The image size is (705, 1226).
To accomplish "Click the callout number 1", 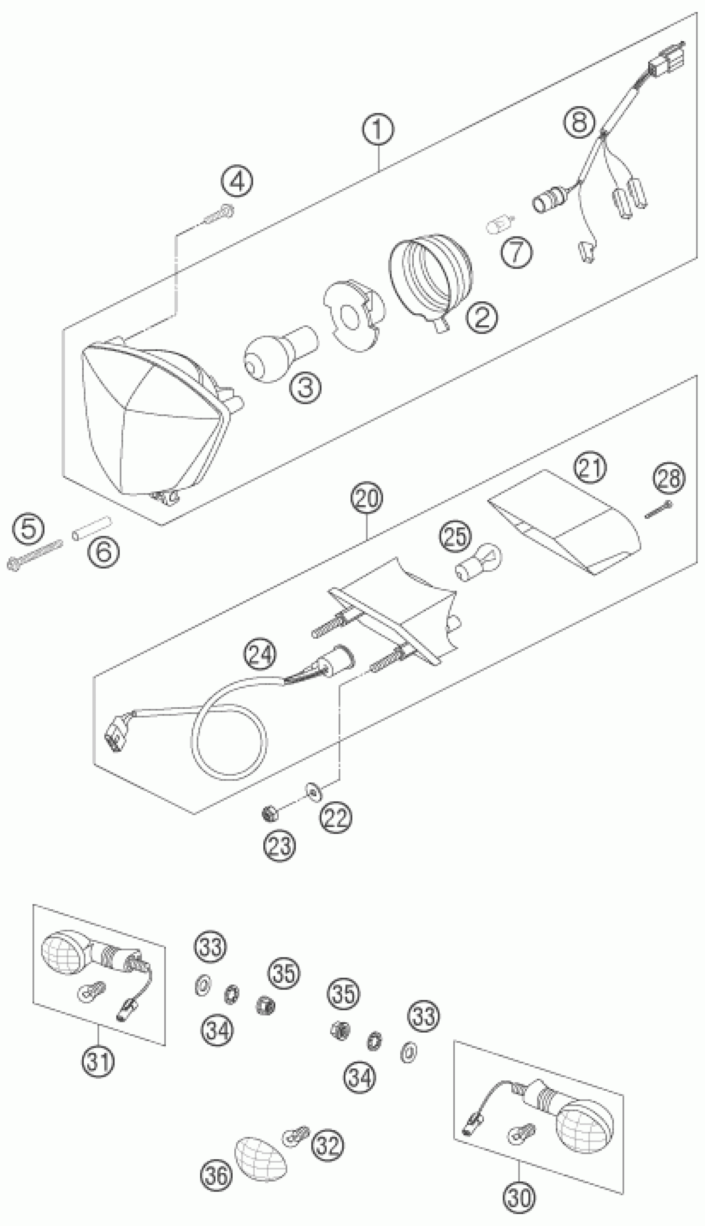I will (379, 130).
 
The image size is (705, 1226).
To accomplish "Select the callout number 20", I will (367, 498).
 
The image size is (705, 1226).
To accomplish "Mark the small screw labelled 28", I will (659, 510).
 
